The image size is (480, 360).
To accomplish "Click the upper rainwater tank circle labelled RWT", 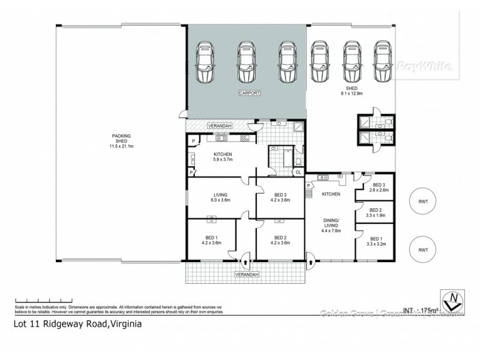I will pyautogui.click(x=422, y=202).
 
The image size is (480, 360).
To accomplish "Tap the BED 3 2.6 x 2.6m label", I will pyautogui.click(x=375, y=188).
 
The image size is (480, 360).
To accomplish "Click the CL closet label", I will pyautogui.click(x=298, y=173).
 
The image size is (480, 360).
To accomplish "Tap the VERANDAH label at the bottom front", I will pyautogui.click(x=247, y=274).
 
